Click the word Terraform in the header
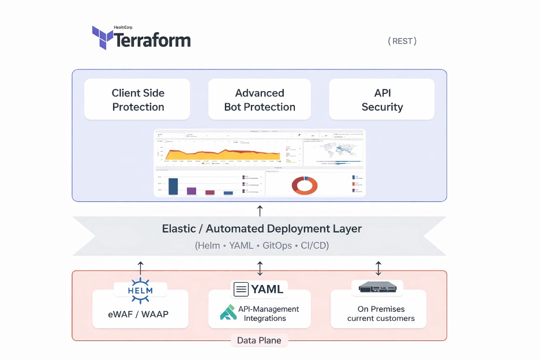[152, 40]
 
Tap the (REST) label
[402, 41]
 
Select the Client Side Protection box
[138, 100]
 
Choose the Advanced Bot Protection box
[260, 100]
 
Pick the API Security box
[382, 100]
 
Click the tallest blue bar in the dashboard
[173, 186]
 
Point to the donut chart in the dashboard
[305, 185]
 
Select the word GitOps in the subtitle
[277, 245]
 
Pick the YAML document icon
[241, 289]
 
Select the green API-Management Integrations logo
[228, 313]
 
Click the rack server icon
[377, 287]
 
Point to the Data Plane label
[259, 340]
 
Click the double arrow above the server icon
[378, 268]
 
